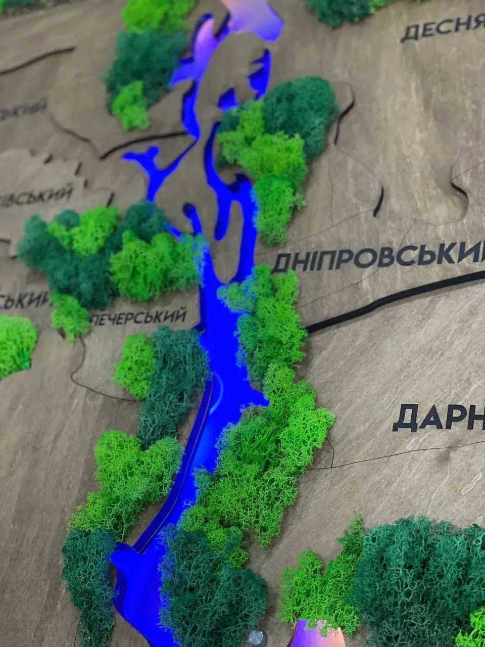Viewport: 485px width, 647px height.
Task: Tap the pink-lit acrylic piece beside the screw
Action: (x=313, y=635)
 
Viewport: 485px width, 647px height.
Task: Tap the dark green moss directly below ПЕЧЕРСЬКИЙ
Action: (x=174, y=374)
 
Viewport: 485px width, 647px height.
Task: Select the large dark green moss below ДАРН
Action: (x=419, y=571)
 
